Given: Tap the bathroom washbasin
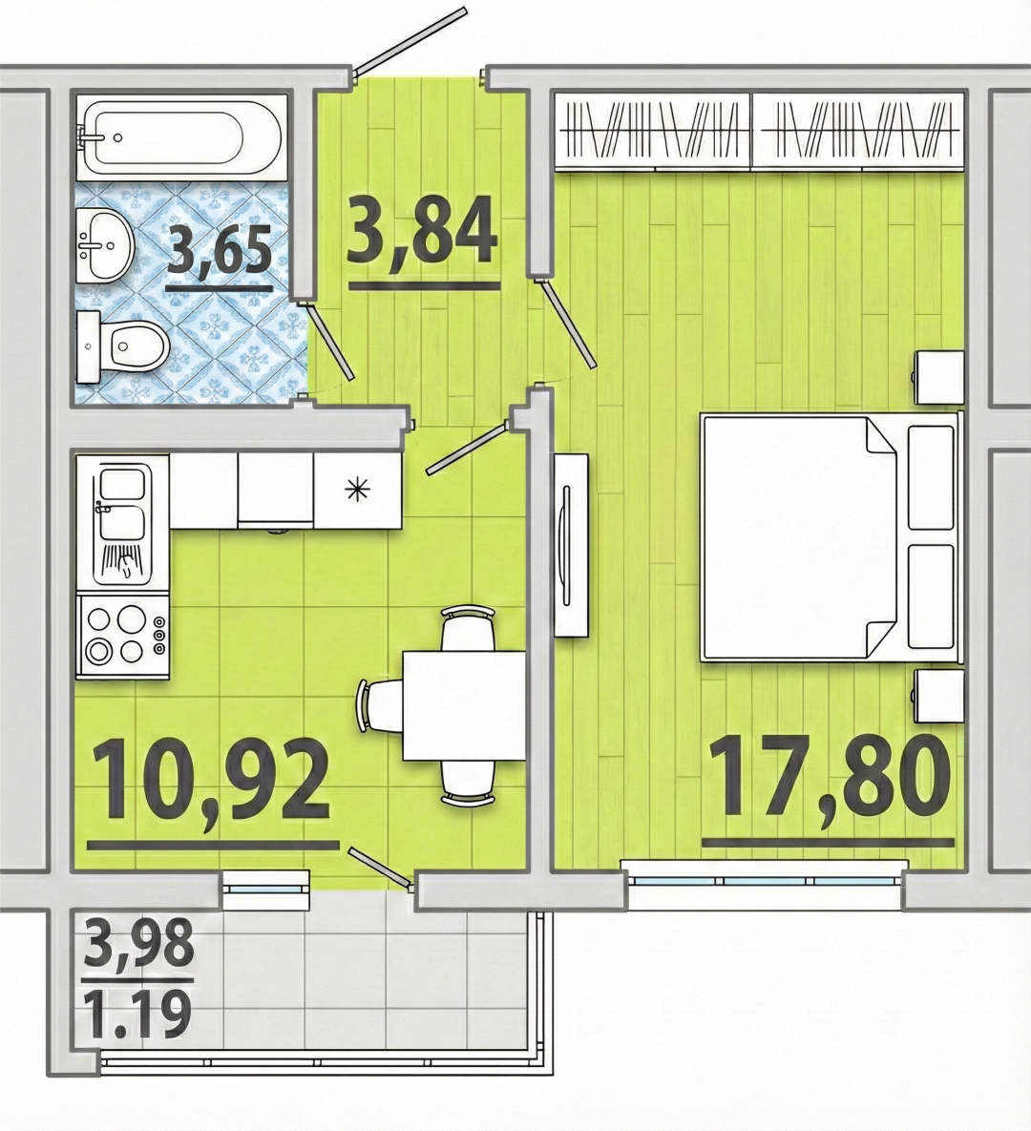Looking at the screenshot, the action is click(x=104, y=244).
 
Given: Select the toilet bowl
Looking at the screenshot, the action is click(x=122, y=346).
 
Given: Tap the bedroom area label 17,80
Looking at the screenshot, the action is click(x=829, y=778).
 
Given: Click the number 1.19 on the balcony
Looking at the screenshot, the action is click(x=137, y=1015).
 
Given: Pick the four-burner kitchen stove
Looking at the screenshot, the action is click(x=122, y=636).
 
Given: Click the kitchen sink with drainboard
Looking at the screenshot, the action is click(x=122, y=524).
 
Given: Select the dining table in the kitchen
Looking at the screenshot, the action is click(x=464, y=704).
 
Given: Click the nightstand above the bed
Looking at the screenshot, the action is click(x=939, y=377).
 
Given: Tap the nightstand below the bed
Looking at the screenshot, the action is click(x=939, y=696).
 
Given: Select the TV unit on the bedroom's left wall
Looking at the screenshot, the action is click(x=572, y=545).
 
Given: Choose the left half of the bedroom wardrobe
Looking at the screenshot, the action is click(x=652, y=132).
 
